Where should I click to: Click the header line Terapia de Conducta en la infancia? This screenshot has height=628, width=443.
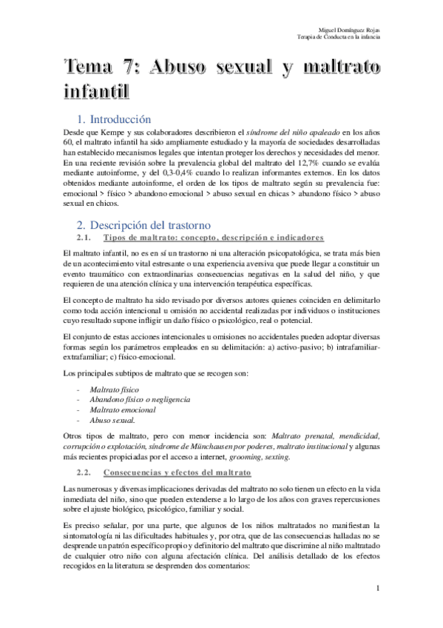tap(343, 36)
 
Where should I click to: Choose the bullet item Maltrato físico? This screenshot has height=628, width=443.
tap(114, 388)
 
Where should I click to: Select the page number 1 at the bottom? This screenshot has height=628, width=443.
tap(378, 589)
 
